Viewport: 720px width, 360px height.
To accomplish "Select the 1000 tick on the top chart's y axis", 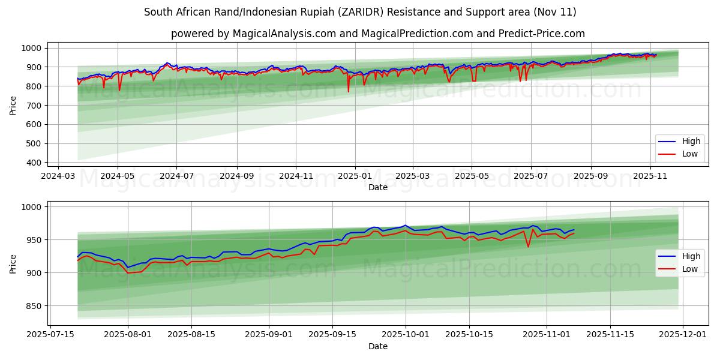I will pos(31,48).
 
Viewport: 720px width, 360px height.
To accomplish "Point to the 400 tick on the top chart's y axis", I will pos(34,163).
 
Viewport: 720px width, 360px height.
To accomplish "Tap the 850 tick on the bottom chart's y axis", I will pos(34,306).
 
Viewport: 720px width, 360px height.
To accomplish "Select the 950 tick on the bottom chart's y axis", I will pos(34,240).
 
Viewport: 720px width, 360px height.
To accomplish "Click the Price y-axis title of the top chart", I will pos(13,106).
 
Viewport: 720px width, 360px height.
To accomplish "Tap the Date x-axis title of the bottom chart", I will pos(378,346).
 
